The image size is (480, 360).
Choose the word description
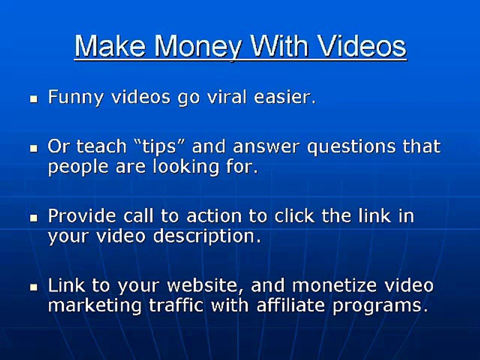(207, 236)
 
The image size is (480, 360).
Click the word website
(205, 285)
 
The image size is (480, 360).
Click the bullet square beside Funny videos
(34, 98)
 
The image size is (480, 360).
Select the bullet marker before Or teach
(34, 148)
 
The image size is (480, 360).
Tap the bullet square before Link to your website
(34, 287)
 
